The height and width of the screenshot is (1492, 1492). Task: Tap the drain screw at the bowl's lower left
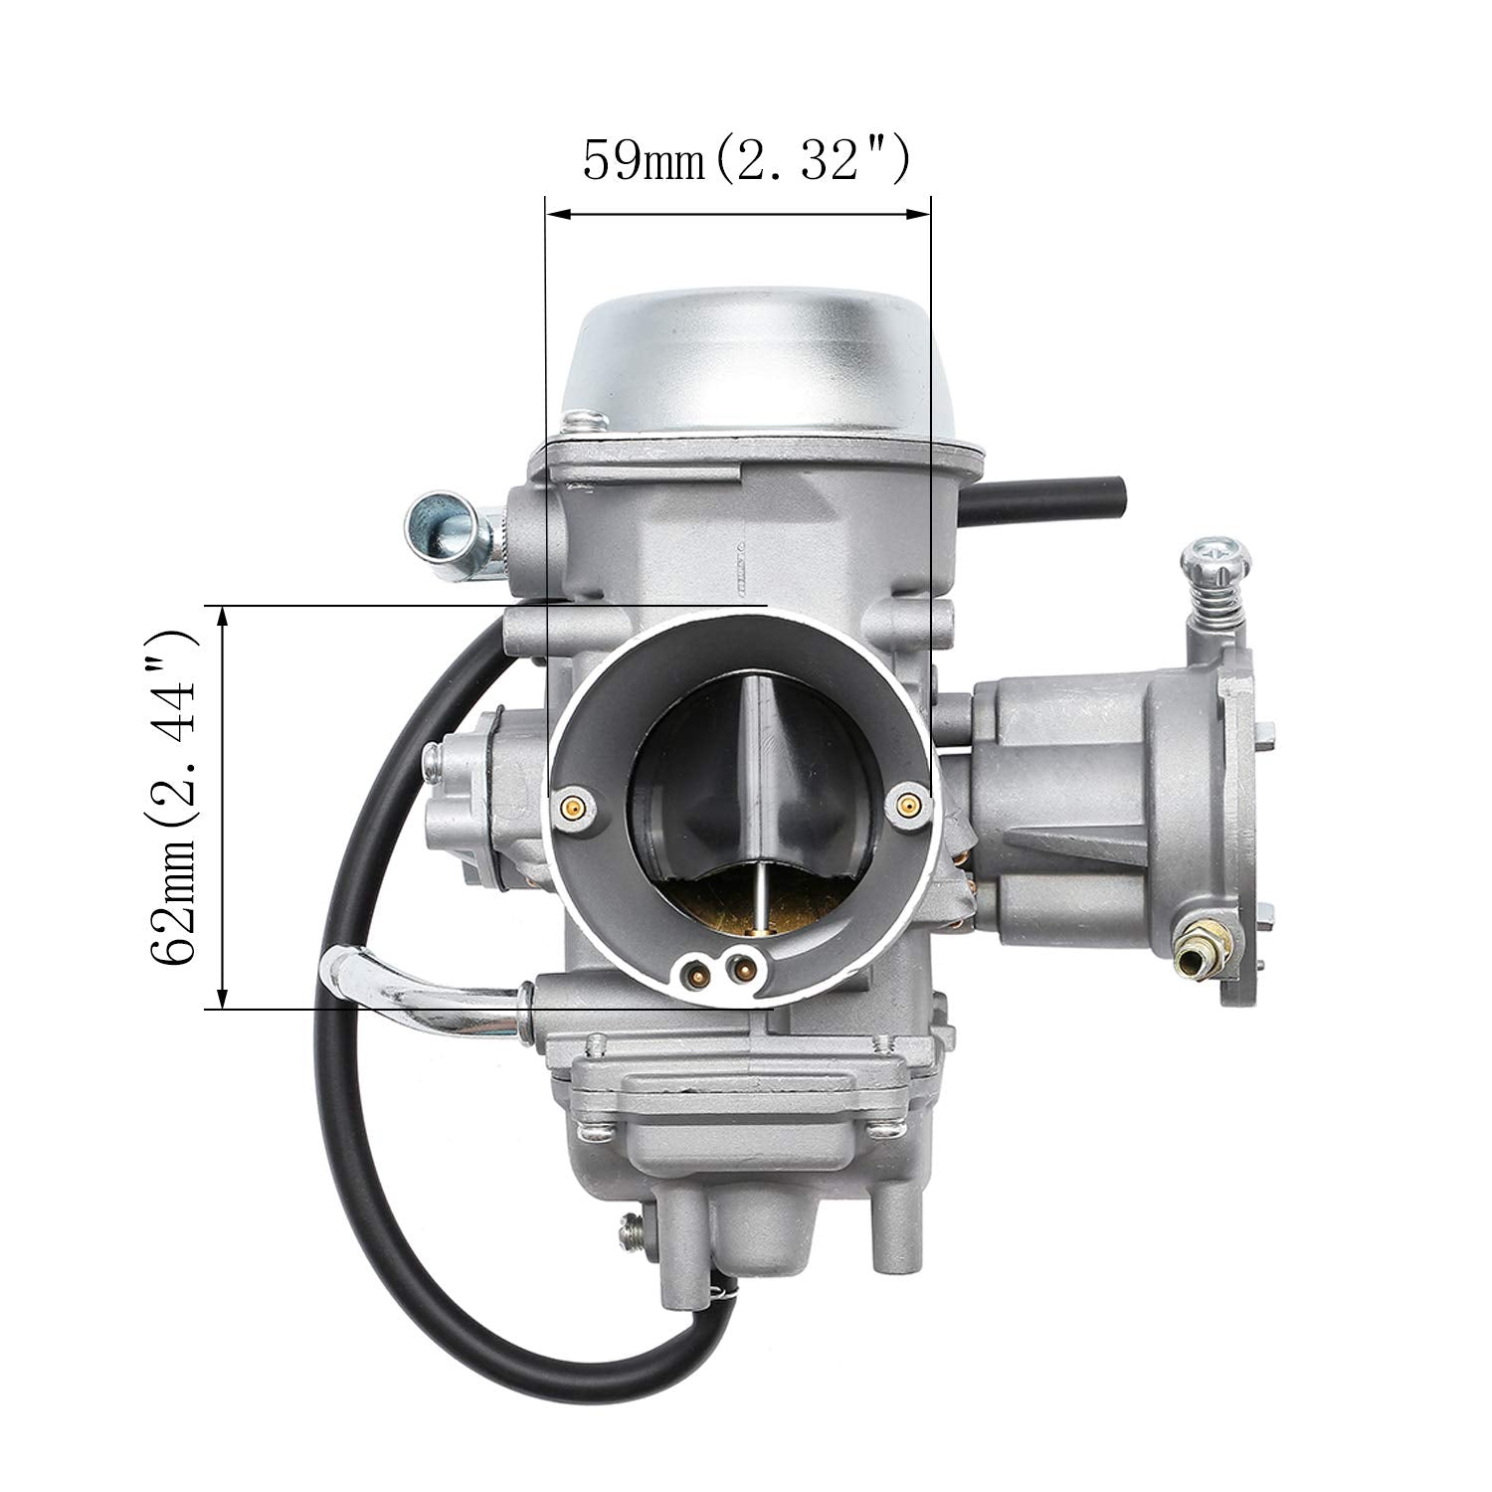click(633, 1233)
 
